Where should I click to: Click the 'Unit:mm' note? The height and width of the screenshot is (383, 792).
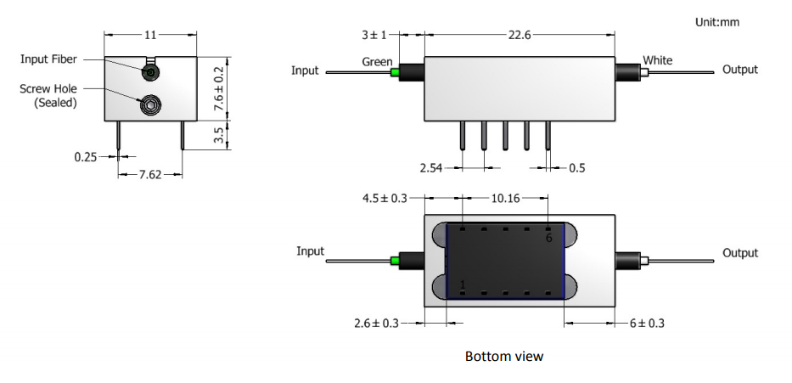(x=716, y=22)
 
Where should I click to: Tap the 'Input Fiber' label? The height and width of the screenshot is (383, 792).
(x=49, y=59)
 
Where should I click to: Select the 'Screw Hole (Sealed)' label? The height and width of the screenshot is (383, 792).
(x=49, y=95)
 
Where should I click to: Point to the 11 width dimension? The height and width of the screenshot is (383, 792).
(x=151, y=36)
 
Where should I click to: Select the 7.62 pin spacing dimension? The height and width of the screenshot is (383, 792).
(x=150, y=174)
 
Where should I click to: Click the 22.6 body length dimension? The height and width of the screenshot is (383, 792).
(x=520, y=35)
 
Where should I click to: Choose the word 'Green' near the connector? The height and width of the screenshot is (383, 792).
(x=377, y=61)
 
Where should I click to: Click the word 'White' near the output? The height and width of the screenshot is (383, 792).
(x=658, y=60)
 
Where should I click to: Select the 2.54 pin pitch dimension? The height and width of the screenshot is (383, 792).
(x=435, y=168)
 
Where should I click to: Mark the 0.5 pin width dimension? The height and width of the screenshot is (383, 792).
(x=576, y=168)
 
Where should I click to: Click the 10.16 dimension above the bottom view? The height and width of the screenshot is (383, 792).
(x=507, y=198)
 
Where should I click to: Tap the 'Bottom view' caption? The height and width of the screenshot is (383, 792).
(x=504, y=356)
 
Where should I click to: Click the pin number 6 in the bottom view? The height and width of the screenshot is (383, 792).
(x=548, y=238)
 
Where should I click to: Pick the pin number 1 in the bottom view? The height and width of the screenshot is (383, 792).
(x=463, y=284)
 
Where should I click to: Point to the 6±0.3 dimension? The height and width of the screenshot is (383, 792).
(x=647, y=324)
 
